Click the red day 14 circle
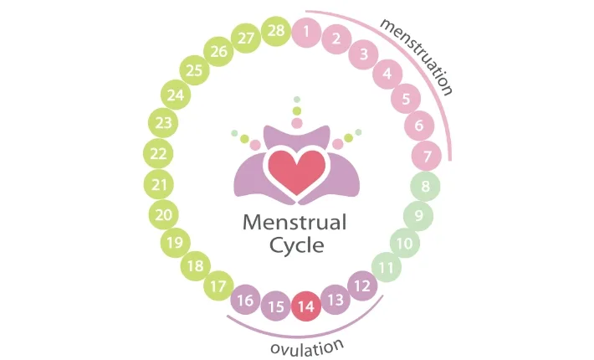click(305, 306)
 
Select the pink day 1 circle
click(307, 33)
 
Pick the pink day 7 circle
click(427, 156)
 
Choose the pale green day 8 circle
click(425, 187)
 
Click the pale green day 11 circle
click(386, 268)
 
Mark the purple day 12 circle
click(362, 286)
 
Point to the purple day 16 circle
click(245, 300)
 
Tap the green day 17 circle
click(219, 286)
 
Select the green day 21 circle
click(159, 184)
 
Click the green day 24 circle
click(175, 95)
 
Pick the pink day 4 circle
click(387, 74)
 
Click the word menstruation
click(416, 55)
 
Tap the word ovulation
click(307, 346)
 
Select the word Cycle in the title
click(296, 246)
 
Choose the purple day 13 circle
click(335, 300)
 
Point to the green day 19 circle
click(175, 244)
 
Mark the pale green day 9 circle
click(418, 216)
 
